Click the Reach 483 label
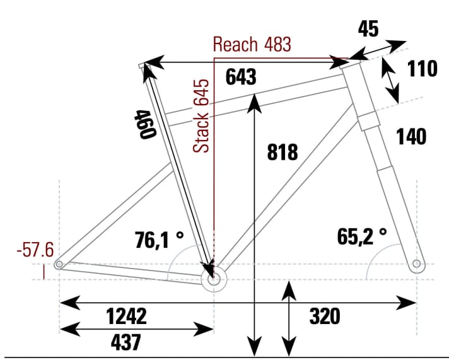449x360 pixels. tap(252, 45)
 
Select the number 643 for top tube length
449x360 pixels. tap(242, 77)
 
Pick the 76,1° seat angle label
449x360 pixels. tap(160, 240)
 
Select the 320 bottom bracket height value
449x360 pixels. tap(325, 316)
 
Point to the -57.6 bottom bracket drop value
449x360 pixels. tap(35, 250)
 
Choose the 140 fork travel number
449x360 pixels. tap(411, 136)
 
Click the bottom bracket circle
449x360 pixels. tap(213, 277)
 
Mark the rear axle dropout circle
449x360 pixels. tap(59, 265)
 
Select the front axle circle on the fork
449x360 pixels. tap(416, 264)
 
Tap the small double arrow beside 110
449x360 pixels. tap(390, 79)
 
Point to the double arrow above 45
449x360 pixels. tap(378, 50)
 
